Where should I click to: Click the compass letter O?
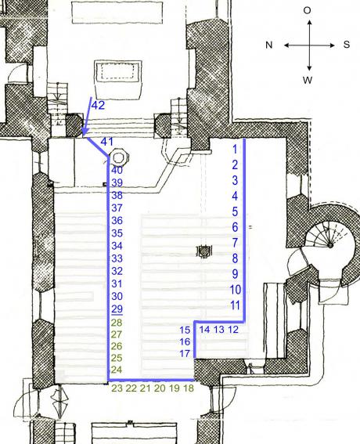pyautogui.click(x=307, y=10)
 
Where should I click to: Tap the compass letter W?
pyautogui.click(x=308, y=80)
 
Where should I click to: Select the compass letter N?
pyautogui.click(x=269, y=45)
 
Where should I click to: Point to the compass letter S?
pyautogui.click(x=347, y=45)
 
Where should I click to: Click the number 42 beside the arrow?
pyautogui.click(x=98, y=106)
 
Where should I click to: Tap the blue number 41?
pyautogui.click(x=107, y=142)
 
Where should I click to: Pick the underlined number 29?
pyautogui.click(x=117, y=309)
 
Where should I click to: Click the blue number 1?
pyautogui.click(x=235, y=149)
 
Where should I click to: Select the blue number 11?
pyautogui.click(x=236, y=305)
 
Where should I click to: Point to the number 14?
pyautogui.click(x=204, y=330)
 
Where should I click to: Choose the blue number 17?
pyautogui.click(x=185, y=354)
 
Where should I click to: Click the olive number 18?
pyautogui.click(x=189, y=388)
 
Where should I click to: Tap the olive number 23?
pyautogui.click(x=117, y=388)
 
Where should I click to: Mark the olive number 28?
pyautogui.click(x=117, y=323)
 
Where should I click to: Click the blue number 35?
pyautogui.click(x=117, y=233)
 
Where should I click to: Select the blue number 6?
pyautogui.click(x=235, y=227)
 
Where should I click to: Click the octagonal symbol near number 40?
pyautogui.click(x=119, y=157)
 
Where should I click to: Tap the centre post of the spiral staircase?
pyautogui.click(x=330, y=245)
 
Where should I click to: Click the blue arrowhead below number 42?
pyautogui.click(x=85, y=131)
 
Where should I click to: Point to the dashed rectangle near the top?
pyautogui.click(x=117, y=71)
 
